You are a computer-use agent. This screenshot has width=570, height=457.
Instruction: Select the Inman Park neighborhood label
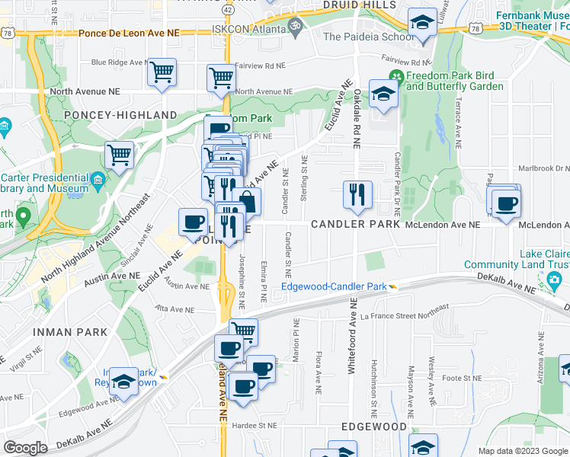[x=62, y=332]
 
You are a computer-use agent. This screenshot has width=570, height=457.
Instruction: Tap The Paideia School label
[x=369, y=36]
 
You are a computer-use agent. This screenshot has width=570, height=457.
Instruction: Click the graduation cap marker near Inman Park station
[x=123, y=382]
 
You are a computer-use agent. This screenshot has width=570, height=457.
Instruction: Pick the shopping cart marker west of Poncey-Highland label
[x=120, y=155]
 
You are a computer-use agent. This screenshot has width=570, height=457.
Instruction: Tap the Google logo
[x=26, y=448]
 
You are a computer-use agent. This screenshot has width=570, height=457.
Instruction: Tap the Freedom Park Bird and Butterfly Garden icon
[x=395, y=76]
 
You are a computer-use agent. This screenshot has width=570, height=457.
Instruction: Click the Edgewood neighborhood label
[x=374, y=427]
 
